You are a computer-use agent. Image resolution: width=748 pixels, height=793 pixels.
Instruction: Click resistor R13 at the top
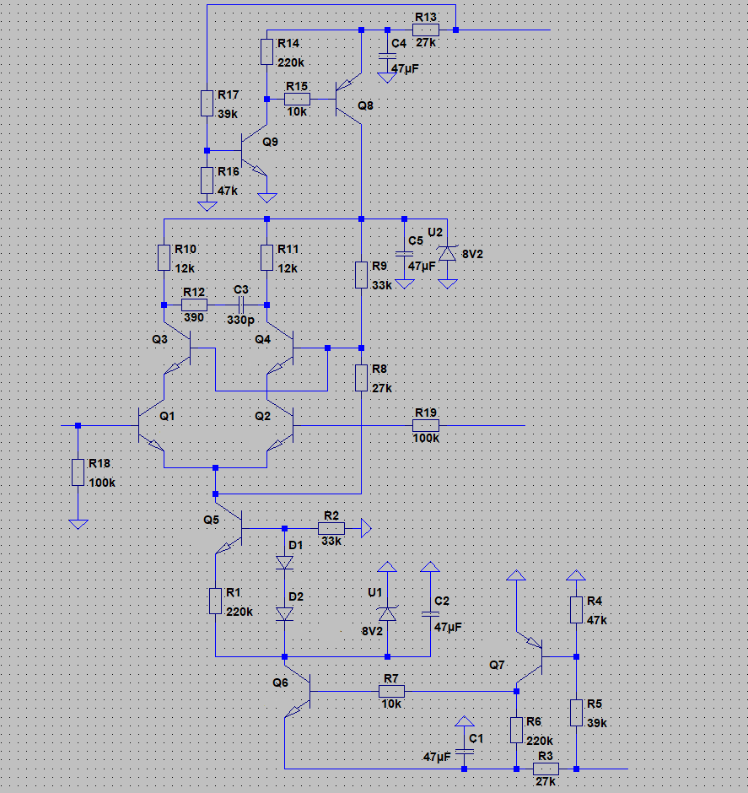coord(426,30)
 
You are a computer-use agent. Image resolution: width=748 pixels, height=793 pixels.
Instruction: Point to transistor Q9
coord(254,150)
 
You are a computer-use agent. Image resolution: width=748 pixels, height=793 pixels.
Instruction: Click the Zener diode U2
coord(447,253)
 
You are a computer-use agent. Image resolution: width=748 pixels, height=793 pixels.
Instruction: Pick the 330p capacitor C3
coord(241,305)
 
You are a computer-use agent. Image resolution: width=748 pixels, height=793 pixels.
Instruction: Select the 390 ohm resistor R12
coord(194,305)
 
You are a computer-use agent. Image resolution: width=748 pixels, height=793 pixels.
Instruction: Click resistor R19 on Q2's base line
coord(426,425)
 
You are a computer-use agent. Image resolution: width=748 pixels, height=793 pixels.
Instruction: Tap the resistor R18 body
coord(78,472)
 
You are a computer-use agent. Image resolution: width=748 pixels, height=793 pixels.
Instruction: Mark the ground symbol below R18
coord(78,524)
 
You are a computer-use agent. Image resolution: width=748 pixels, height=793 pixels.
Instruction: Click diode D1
coord(284,562)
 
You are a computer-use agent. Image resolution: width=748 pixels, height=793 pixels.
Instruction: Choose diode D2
coord(284,613)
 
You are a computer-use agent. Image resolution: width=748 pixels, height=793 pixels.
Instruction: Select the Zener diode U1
coord(388,613)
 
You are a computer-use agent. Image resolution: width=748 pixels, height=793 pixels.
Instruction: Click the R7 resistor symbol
coord(391,691)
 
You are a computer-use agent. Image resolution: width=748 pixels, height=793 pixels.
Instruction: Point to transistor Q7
coord(530,656)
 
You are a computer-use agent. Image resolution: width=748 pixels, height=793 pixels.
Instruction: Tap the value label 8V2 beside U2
coord(472,255)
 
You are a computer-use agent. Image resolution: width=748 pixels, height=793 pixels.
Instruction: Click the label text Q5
coord(212,520)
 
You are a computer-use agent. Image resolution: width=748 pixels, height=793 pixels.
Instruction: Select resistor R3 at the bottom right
coord(546,769)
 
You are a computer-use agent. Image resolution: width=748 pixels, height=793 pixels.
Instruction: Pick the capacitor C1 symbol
coord(465,752)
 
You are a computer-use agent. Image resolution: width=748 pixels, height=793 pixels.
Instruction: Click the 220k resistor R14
coord(266,51)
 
